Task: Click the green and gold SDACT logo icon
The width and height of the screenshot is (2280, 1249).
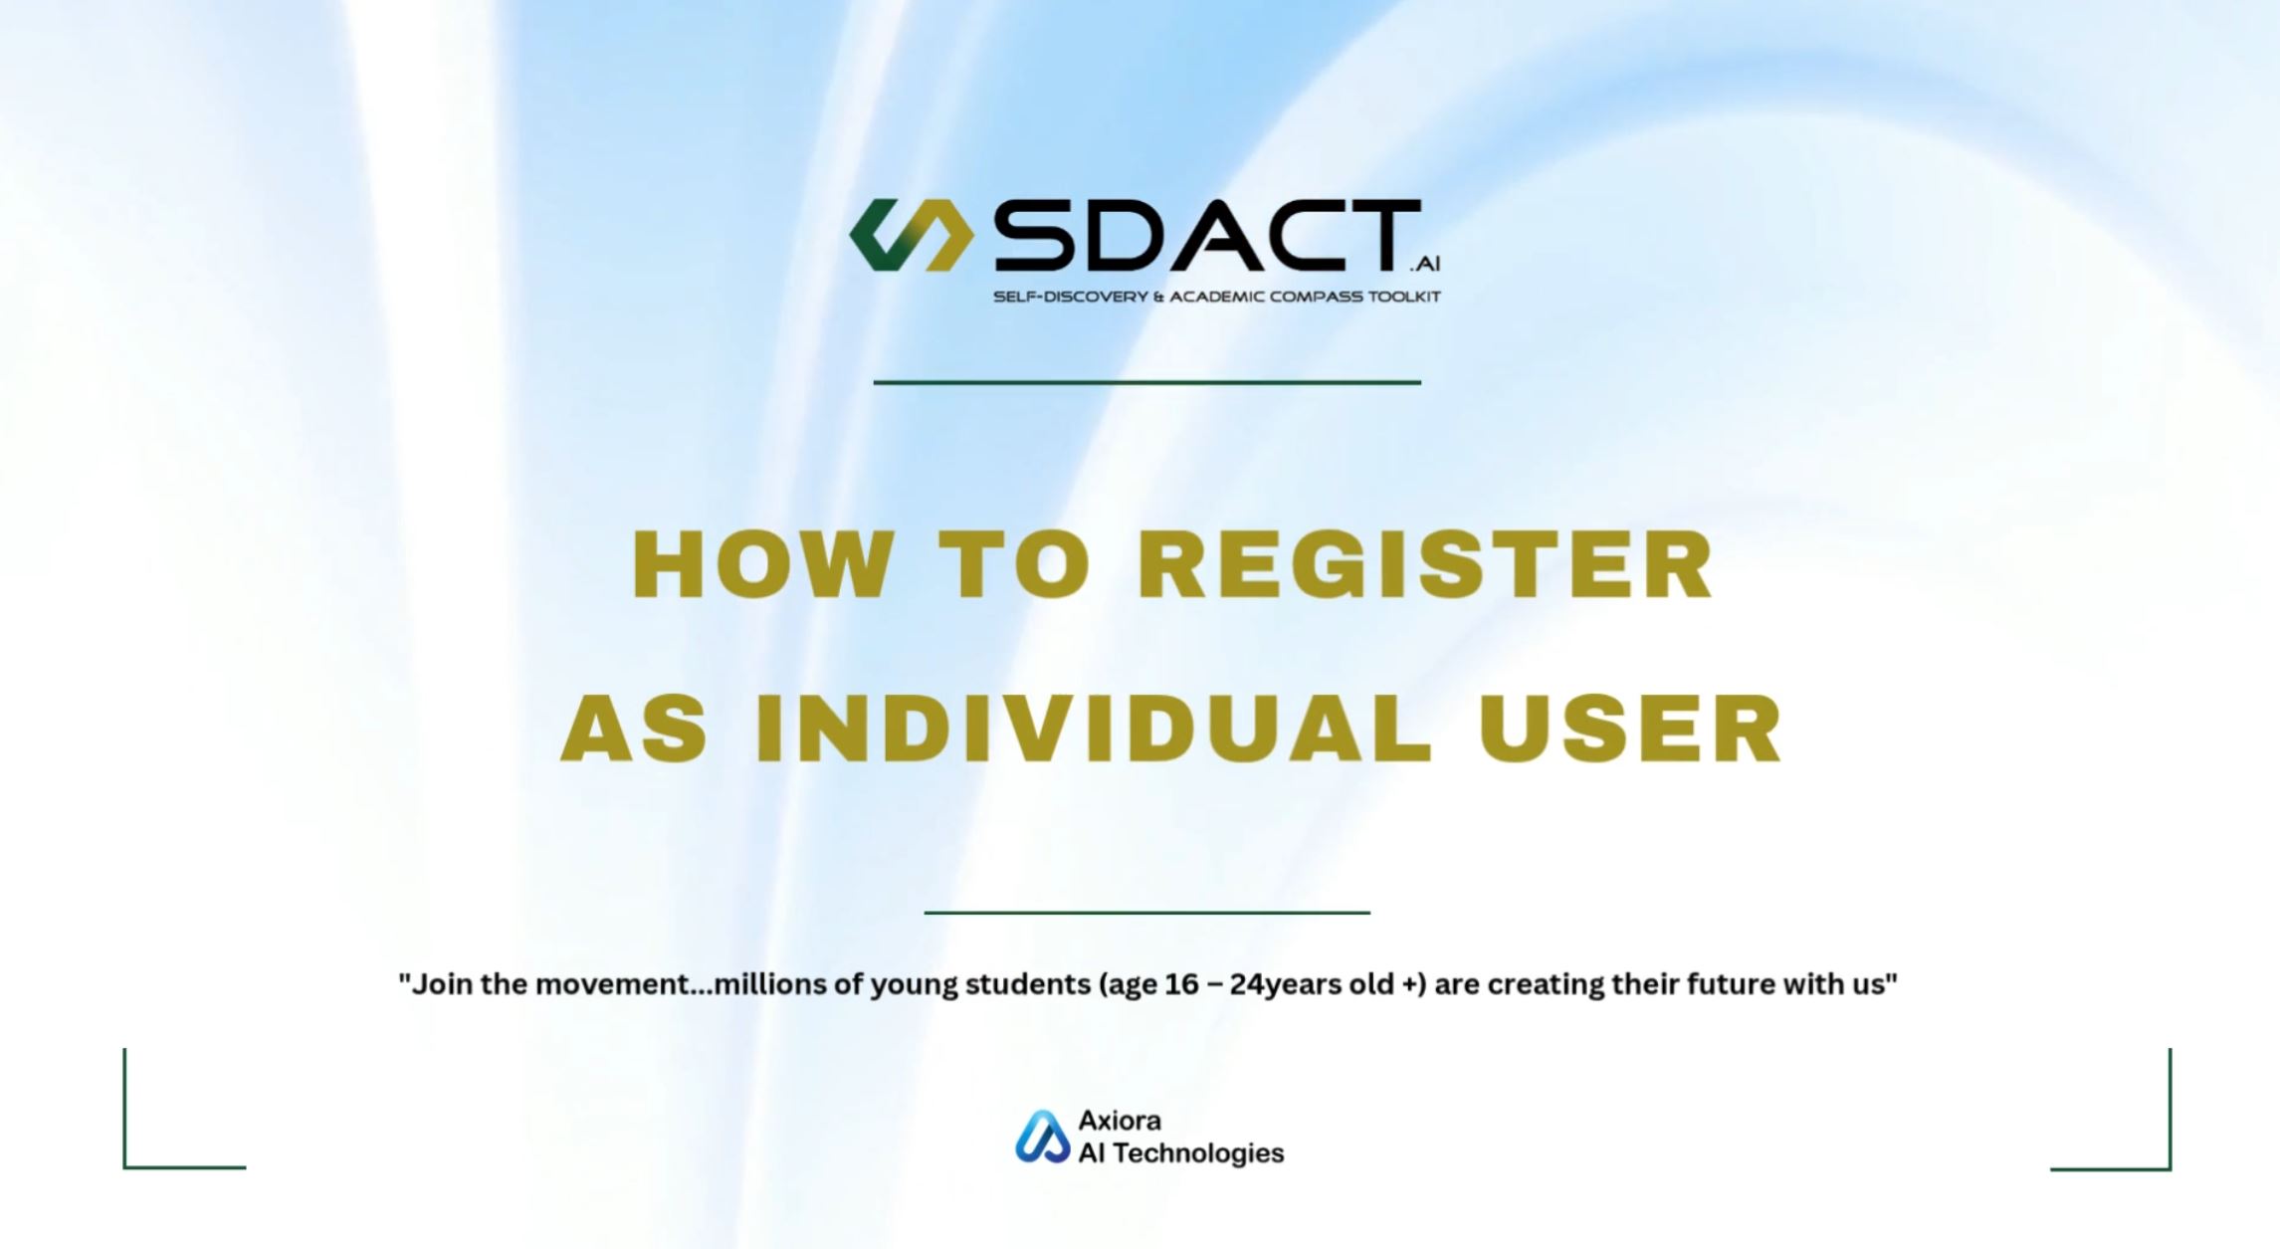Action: click(x=911, y=235)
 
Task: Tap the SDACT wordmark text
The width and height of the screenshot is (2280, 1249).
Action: click(x=1207, y=235)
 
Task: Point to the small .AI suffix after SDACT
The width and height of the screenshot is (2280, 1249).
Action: click(x=1425, y=264)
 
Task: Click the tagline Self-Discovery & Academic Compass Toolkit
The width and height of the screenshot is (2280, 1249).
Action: click(x=1216, y=297)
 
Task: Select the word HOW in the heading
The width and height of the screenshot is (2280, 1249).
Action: click(x=761, y=564)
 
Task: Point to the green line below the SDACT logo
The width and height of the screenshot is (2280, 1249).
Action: click(x=1146, y=382)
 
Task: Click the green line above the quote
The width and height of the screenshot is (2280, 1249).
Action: click(x=1146, y=912)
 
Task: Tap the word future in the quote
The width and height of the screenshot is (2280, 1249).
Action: click(x=1720, y=984)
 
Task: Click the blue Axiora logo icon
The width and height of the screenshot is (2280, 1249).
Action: click(x=1042, y=1137)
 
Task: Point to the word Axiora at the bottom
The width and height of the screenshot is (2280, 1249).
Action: click(x=1120, y=1121)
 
